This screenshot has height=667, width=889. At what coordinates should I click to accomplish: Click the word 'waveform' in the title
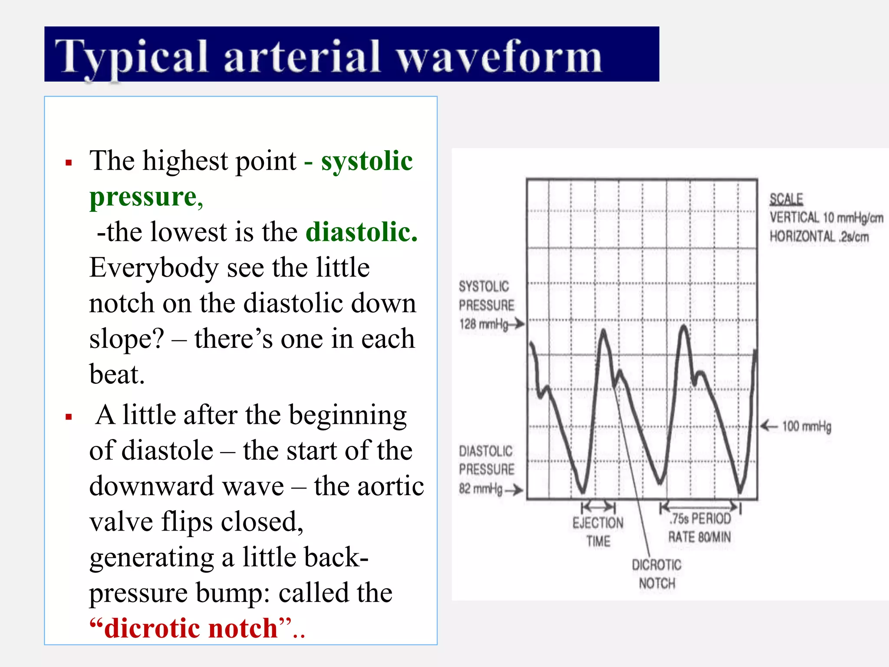click(x=499, y=56)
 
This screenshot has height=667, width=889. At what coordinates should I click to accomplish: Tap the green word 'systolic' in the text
click(x=367, y=161)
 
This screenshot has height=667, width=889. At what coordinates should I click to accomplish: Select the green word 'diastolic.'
click(x=362, y=232)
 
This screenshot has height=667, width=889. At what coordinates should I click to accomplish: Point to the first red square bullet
click(x=69, y=163)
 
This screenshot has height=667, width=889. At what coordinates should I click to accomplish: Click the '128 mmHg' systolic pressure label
click(x=484, y=324)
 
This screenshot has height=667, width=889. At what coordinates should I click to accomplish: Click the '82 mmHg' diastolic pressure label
click(x=481, y=489)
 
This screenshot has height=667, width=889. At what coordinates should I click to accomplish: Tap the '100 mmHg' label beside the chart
click(x=807, y=426)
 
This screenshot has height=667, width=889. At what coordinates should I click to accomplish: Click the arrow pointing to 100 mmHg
click(x=769, y=426)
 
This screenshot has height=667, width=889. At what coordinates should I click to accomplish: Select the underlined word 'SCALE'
click(x=786, y=199)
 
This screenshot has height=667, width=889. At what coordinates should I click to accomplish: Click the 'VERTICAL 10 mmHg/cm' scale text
click(x=826, y=218)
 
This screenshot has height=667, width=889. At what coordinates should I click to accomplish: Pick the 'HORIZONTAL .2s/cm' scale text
click(x=819, y=237)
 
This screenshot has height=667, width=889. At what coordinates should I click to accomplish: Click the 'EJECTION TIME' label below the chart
click(x=598, y=532)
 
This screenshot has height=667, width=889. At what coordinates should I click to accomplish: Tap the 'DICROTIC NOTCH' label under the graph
click(x=657, y=574)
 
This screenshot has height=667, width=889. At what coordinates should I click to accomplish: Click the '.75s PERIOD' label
click(x=700, y=518)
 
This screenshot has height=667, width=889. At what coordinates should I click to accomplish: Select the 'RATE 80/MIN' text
click(x=699, y=537)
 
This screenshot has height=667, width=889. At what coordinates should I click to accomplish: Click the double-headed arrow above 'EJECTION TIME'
click(x=598, y=507)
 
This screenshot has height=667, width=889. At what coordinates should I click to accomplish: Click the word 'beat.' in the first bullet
click(x=117, y=374)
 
